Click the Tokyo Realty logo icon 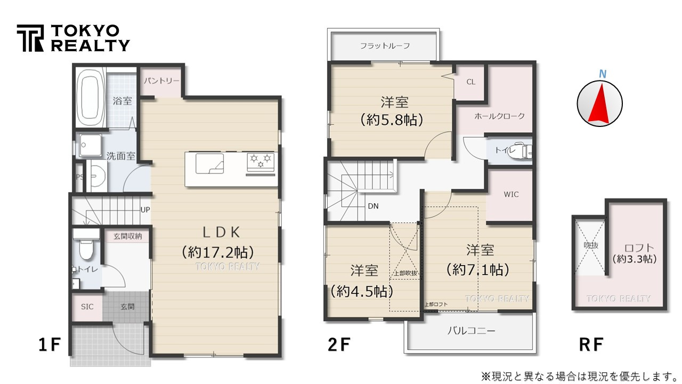coord(30,38)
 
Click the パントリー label coord(160,82)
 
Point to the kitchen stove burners coord(261,161)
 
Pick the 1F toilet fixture coord(85,246)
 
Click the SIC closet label coord(87,307)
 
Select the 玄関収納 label coord(127,236)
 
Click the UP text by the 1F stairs coord(145,210)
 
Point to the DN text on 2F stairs coord(373,206)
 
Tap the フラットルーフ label coord(385,46)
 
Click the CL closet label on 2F coord(470,82)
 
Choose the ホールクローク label coord(499,116)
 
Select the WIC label coord(510,194)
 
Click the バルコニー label coord(471,331)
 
